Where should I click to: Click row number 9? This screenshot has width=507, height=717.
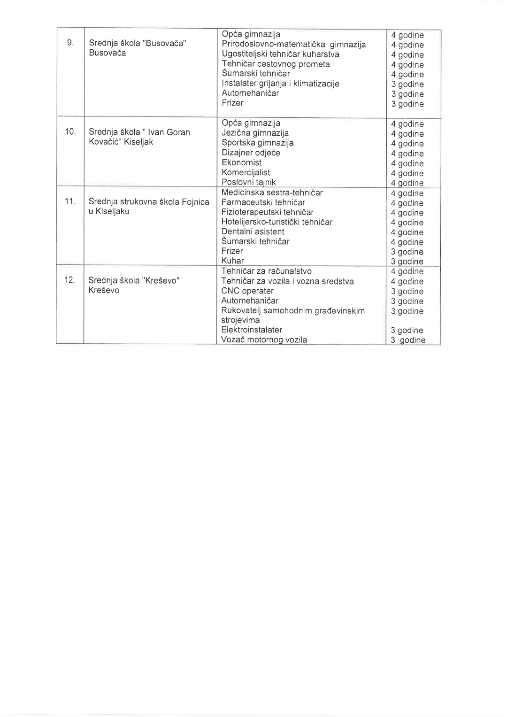(x=70, y=43)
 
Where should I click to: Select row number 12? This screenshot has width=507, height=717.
(x=69, y=280)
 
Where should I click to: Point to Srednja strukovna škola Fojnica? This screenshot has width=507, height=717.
(x=149, y=201)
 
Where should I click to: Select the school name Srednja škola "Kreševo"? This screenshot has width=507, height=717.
(x=134, y=281)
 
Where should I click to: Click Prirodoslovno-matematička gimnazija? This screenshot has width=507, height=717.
(x=293, y=45)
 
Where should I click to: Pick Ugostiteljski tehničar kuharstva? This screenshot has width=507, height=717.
(x=280, y=54)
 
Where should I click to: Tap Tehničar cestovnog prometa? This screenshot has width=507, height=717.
(x=276, y=64)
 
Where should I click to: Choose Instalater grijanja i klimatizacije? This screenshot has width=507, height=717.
(x=280, y=84)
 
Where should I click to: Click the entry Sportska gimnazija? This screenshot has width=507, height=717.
(x=257, y=143)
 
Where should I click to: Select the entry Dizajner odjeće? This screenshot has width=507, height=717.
(x=251, y=153)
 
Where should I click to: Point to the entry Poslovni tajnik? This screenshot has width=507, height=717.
(x=248, y=182)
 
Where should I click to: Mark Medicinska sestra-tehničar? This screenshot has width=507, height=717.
(x=272, y=193)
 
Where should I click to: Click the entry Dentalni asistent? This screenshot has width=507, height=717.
(x=253, y=231)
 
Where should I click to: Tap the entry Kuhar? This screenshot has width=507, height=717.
(x=233, y=261)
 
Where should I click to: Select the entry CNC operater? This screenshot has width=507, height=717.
(x=247, y=291)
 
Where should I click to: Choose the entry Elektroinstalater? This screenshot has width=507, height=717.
(x=252, y=330)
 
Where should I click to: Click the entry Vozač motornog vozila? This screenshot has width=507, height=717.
(x=264, y=339)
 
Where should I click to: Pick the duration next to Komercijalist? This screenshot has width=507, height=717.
(x=407, y=173)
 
